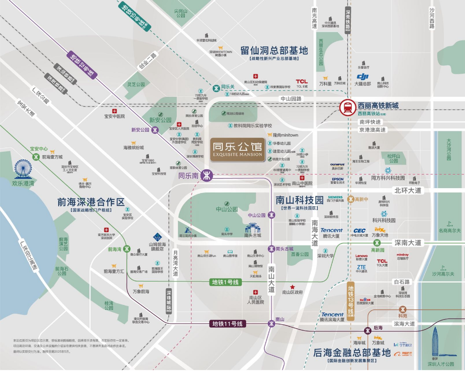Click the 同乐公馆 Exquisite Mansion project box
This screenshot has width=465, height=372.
(238, 149)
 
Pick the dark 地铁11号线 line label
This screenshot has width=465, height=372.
(228, 324)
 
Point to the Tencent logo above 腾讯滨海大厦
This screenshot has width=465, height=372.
(332, 315)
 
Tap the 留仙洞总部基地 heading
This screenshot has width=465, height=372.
(274, 50)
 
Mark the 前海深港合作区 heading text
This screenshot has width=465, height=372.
(91, 202)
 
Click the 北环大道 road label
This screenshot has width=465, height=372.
(407, 190)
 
